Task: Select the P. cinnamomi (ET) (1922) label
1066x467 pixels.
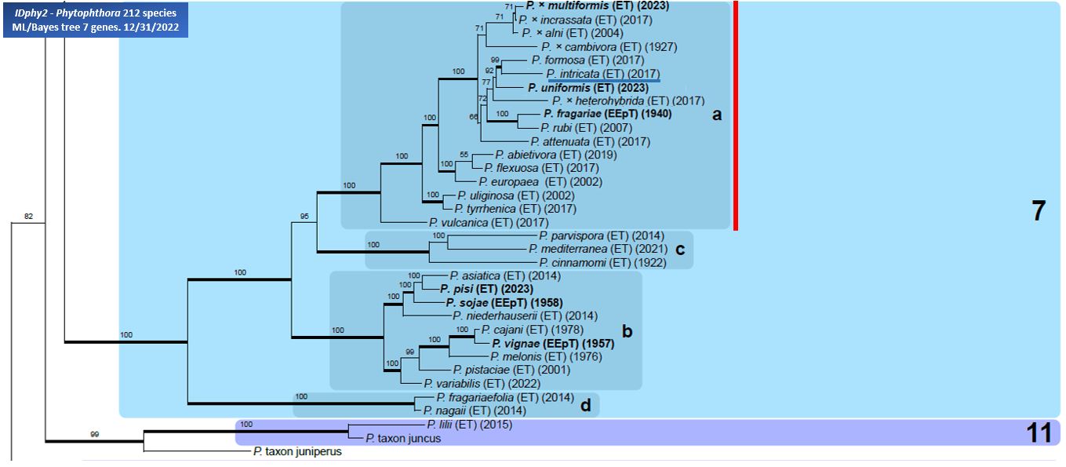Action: tap(602, 263)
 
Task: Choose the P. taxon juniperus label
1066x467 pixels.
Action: tap(297, 451)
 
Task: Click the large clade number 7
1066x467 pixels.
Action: tap(1039, 210)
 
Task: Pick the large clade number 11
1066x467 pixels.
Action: tap(1039, 433)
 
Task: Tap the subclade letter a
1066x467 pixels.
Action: tap(717, 115)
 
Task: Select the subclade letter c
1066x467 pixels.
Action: tap(680, 249)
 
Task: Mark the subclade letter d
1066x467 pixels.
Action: tap(586, 405)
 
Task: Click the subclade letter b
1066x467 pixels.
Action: tap(628, 331)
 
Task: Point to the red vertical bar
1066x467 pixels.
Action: tap(736, 115)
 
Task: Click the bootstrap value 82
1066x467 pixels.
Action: tap(28, 217)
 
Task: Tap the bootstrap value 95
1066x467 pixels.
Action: tap(304, 217)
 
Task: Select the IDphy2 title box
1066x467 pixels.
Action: tap(96, 20)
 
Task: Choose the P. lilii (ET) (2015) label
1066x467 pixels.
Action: tap(470, 424)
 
